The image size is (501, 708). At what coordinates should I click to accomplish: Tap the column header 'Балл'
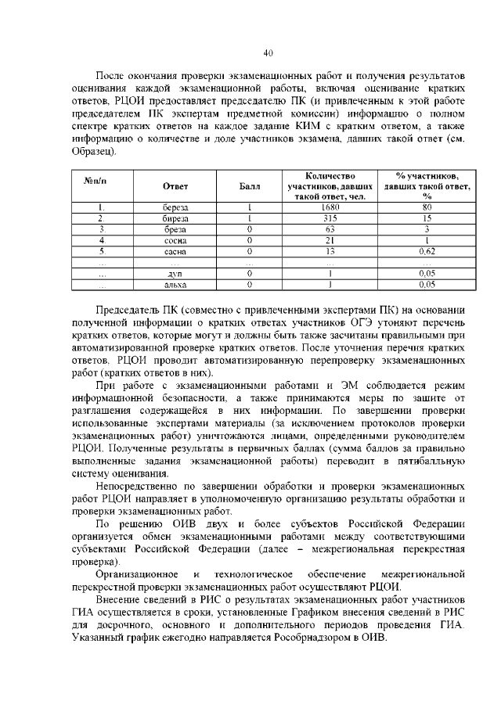[247, 185]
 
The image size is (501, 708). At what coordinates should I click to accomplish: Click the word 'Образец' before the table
[96, 150]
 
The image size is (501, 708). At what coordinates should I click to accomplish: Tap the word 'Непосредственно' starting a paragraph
[135, 487]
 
